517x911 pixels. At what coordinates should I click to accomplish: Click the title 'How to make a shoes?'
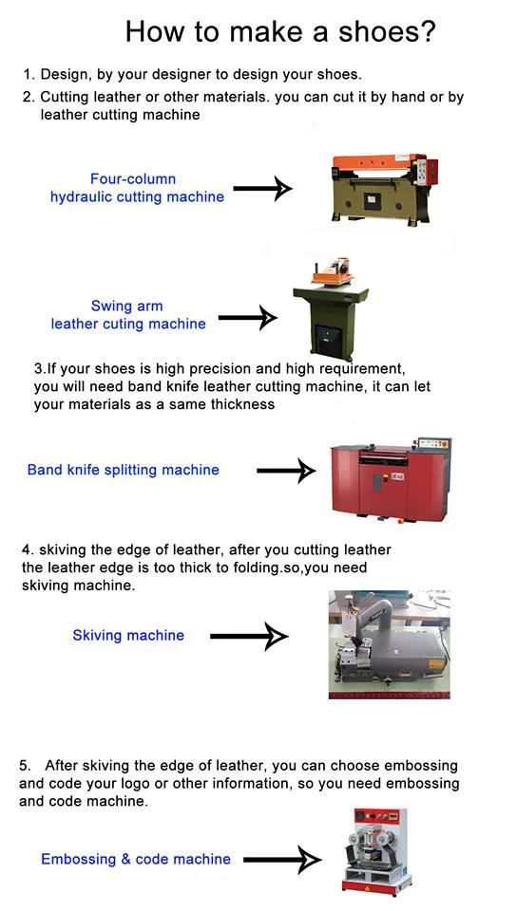click(279, 31)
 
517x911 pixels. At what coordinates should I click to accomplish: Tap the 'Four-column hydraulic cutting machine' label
click(137, 188)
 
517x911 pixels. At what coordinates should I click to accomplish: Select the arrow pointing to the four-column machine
click(262, 188)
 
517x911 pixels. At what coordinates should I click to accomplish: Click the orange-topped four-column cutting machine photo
click(384, 187)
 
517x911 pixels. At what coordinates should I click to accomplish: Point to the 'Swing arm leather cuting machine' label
click(128, 315)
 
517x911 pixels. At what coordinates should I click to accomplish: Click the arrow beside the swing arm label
click(248, 317)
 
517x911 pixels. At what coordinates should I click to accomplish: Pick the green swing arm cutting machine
click(332, 309)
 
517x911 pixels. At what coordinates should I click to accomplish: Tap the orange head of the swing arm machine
click(334, 271)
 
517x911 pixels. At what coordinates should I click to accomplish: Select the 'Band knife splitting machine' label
click(124, 470)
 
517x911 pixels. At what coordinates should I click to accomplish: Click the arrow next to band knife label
click(286, 471)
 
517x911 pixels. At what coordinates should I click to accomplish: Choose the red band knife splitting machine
click(391, 479)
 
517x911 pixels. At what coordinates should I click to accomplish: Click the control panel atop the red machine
click(433, 444)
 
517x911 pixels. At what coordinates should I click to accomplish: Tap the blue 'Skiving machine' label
click(128, 635)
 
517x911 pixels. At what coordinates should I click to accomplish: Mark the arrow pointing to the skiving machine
click(249, 636)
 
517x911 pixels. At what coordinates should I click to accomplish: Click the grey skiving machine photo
click(389, 644)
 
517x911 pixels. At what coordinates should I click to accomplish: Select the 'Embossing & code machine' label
click(136, 859)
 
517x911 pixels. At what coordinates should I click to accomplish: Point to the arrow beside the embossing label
click(282, 860)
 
